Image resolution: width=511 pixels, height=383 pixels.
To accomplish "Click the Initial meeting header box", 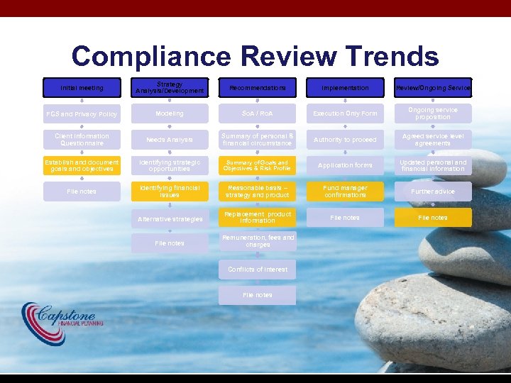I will (82, 88).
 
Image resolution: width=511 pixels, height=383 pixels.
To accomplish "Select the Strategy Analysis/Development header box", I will (170, 88).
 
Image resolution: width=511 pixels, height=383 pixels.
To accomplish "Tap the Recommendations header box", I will (257, 88).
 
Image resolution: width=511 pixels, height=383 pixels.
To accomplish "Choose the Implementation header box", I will (345, 88).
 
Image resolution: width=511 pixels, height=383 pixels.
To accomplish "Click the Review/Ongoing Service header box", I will (433, 88).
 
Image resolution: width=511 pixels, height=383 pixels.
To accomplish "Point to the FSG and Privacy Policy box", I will (82, 114).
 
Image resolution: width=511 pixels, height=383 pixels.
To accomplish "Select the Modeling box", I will (170, 113).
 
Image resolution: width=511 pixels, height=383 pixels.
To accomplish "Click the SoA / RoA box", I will (257, 113).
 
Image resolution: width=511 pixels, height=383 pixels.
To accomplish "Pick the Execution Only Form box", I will (345, 113).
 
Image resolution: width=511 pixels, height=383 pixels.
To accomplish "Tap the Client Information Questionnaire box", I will (82, 140).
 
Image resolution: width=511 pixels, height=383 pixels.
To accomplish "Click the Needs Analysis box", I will (170, 140).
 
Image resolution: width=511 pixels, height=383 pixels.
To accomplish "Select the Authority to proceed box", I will (345, 140).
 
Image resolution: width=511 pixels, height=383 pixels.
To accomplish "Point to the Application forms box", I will (345, 165).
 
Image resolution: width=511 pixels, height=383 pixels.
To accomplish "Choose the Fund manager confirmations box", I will (345, 191).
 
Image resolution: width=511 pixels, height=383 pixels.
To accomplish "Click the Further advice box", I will (433, 191).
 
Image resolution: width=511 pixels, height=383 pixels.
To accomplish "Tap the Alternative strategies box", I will (170, 219).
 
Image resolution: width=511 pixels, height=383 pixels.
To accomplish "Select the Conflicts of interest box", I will (257, 270).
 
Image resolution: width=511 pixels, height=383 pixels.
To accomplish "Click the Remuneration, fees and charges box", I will (257, 242).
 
